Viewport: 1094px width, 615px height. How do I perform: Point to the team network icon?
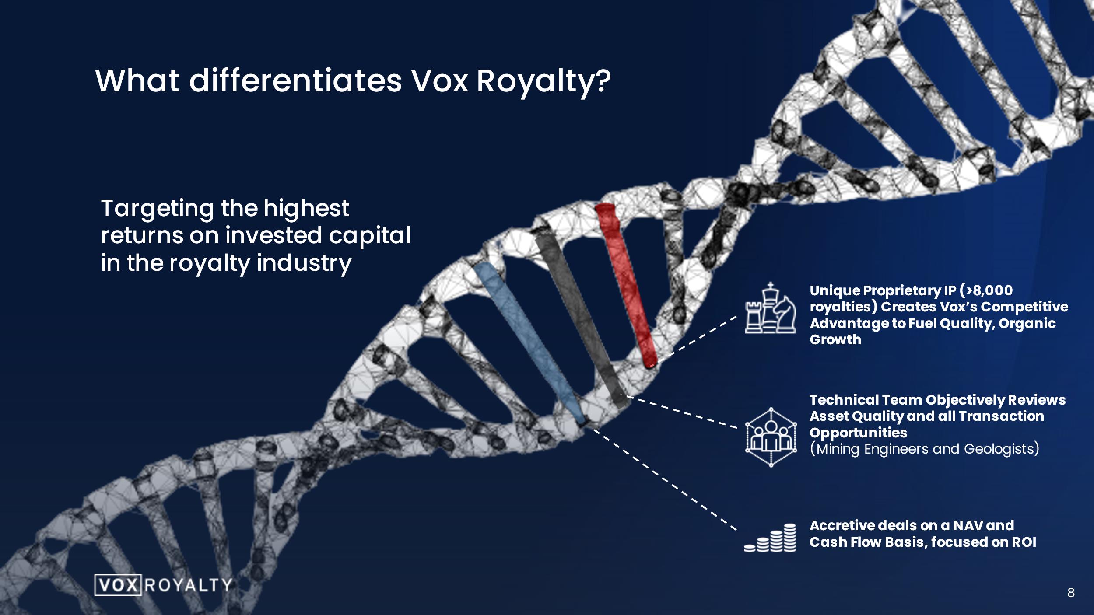click(771, 437)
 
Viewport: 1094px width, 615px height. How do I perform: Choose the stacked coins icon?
click(770, 538)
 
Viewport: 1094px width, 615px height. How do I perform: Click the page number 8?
click(1071, 593)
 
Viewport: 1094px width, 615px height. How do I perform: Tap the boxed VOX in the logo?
click(118, 585)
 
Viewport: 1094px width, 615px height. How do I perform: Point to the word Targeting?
click(158, 209)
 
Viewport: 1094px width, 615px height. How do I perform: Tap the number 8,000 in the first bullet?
click(992, 290)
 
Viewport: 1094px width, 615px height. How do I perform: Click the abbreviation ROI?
click(1024, 542)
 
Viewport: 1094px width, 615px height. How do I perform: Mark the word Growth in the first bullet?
click(835, 340)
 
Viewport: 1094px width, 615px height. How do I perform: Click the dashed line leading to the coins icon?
click(662, 478)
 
